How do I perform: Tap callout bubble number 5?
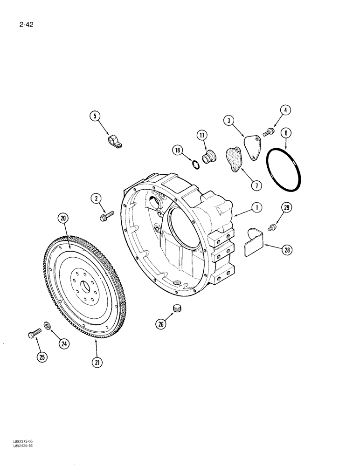[96, 116]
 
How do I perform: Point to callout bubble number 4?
[286, 110]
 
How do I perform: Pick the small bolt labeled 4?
[268, 133]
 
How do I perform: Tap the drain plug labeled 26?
[177, 308]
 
